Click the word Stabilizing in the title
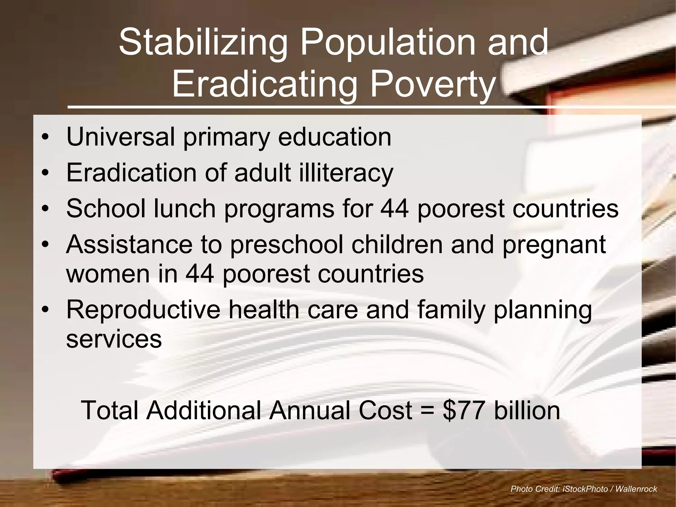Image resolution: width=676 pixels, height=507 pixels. (202, 43)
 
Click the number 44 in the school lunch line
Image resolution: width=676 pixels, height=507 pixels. (395, 209)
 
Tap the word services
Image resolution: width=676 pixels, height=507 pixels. (114, 339)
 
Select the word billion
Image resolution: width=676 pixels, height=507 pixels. (527, 410)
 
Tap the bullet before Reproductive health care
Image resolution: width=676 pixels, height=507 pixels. (46, 310)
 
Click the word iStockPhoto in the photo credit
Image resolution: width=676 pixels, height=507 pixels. (585, 489)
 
